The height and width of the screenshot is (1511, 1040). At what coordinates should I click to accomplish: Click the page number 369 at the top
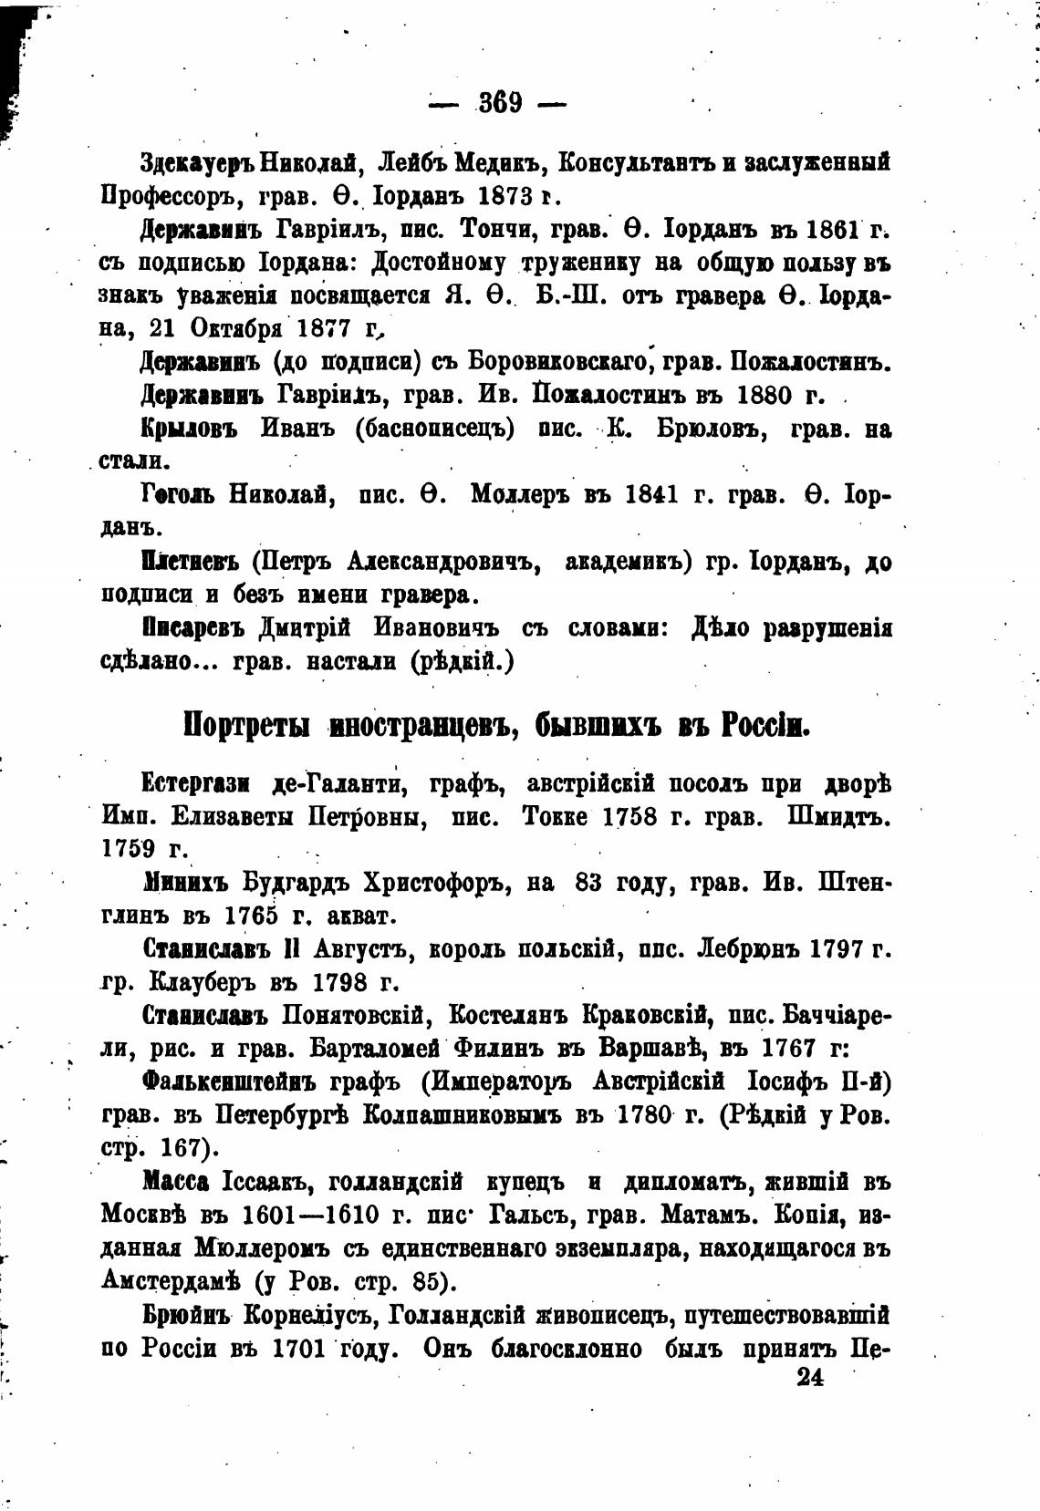499,102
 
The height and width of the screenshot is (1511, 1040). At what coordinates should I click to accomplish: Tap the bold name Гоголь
179,496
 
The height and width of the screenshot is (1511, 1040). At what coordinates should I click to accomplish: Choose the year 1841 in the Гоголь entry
653,496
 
